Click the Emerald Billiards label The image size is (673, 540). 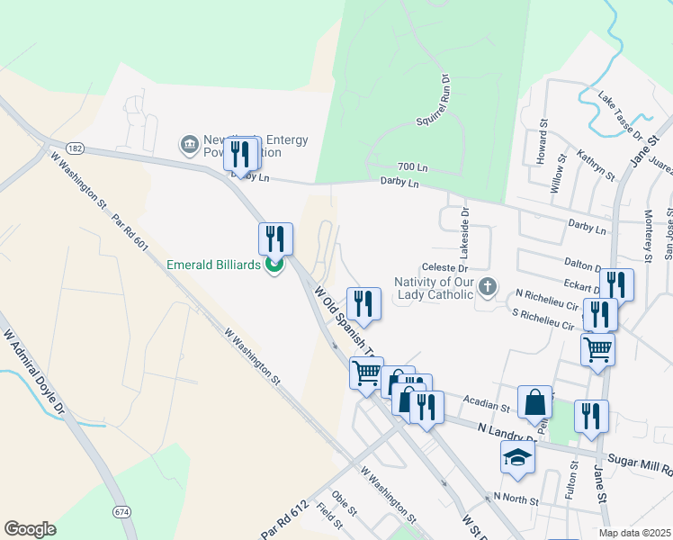(214, 265)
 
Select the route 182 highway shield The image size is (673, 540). (75, 146)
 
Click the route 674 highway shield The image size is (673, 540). (121, 510)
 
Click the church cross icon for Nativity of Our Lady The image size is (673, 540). (488, 288)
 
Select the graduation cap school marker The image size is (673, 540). (517, 457)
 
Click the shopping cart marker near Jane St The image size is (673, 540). (597, 348)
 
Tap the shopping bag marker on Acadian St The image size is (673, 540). (534, 401)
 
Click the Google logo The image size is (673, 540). (31, 529)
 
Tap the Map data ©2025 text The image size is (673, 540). (634, 533)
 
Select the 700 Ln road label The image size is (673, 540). (413, 168)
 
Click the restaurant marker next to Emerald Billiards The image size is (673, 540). (275, 238)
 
